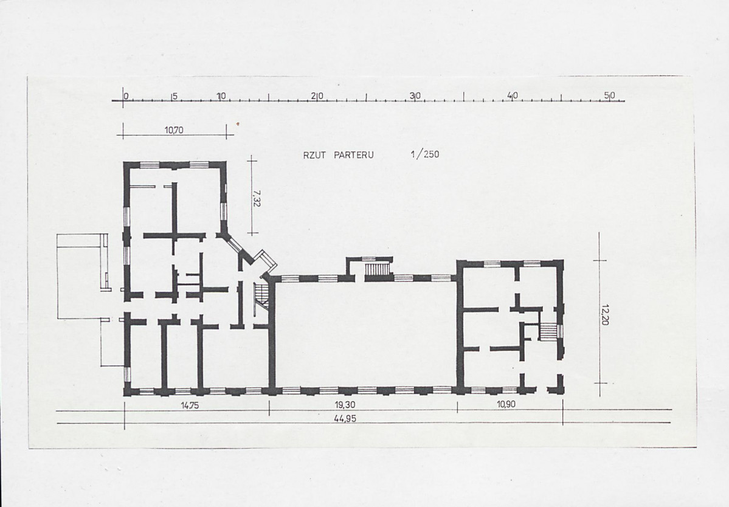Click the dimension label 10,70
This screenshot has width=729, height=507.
(174, 130)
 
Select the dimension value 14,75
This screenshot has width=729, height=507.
(190, 405)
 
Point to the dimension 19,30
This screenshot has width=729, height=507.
(345, 405)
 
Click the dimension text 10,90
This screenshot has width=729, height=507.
(506, 404)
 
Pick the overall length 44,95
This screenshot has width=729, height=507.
(345, 418)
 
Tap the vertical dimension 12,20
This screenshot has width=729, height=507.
(604, 315)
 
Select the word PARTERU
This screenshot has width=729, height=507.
(354, 155)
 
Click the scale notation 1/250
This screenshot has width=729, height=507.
(425, 154)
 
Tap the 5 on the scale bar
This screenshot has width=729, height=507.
(174, 97)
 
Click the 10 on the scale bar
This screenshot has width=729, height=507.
(221, 96)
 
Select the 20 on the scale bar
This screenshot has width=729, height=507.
(318, 96)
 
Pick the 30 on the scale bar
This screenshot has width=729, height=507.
(415, 95)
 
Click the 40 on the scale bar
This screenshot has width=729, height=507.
(513, 95)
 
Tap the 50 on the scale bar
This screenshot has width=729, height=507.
(609, 95)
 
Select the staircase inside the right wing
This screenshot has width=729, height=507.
(548, 332)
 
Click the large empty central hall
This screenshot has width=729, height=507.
(366, 334)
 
